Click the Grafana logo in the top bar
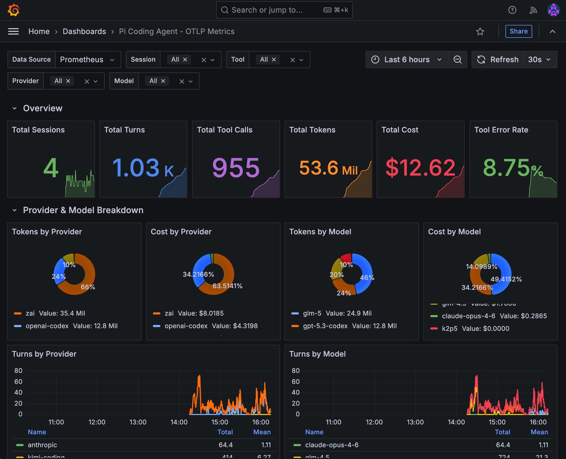[14, 10]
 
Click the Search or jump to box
[284, 10]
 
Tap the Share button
[518, 31]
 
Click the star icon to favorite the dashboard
[480, 31]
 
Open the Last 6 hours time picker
[407, 59]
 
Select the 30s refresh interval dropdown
[540, 59]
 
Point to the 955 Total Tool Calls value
[236, 168]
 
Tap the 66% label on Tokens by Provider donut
[88, 287]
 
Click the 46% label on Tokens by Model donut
[367, 278]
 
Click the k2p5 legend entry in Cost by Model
[452, 328]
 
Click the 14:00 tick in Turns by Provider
[179, 422]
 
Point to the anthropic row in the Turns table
[42, 445]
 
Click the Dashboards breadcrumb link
[84, 31]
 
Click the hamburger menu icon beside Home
[14, 31]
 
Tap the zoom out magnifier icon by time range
[457, 59]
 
